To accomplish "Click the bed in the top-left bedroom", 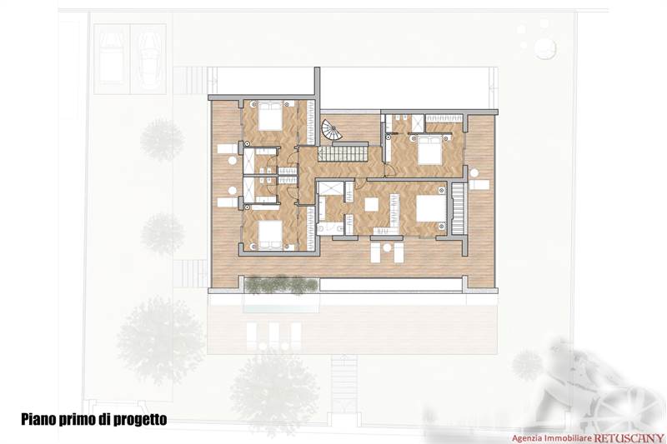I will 269,117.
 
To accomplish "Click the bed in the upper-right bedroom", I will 429,151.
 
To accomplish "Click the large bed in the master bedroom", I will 431,208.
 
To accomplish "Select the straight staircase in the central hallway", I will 344,153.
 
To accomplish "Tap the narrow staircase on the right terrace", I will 457,208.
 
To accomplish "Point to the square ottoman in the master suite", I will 371,204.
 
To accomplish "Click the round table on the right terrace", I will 474,172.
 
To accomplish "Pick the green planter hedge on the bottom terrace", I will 281,285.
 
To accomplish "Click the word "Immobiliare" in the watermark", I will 568,437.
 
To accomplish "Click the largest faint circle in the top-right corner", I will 545,48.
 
